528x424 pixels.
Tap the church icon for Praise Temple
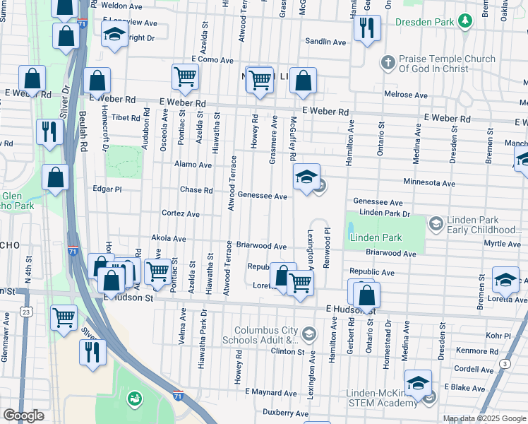387,63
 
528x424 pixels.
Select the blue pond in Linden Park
352,231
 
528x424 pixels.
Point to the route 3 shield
505,363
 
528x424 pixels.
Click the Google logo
23,415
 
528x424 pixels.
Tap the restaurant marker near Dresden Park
367,29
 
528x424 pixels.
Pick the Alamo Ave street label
193,165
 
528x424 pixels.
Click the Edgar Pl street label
107,189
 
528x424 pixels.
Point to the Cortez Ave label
181,213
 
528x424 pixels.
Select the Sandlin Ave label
325,42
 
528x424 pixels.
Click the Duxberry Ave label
285,413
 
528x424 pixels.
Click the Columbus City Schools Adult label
266,335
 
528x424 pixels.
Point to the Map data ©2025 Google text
484,418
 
